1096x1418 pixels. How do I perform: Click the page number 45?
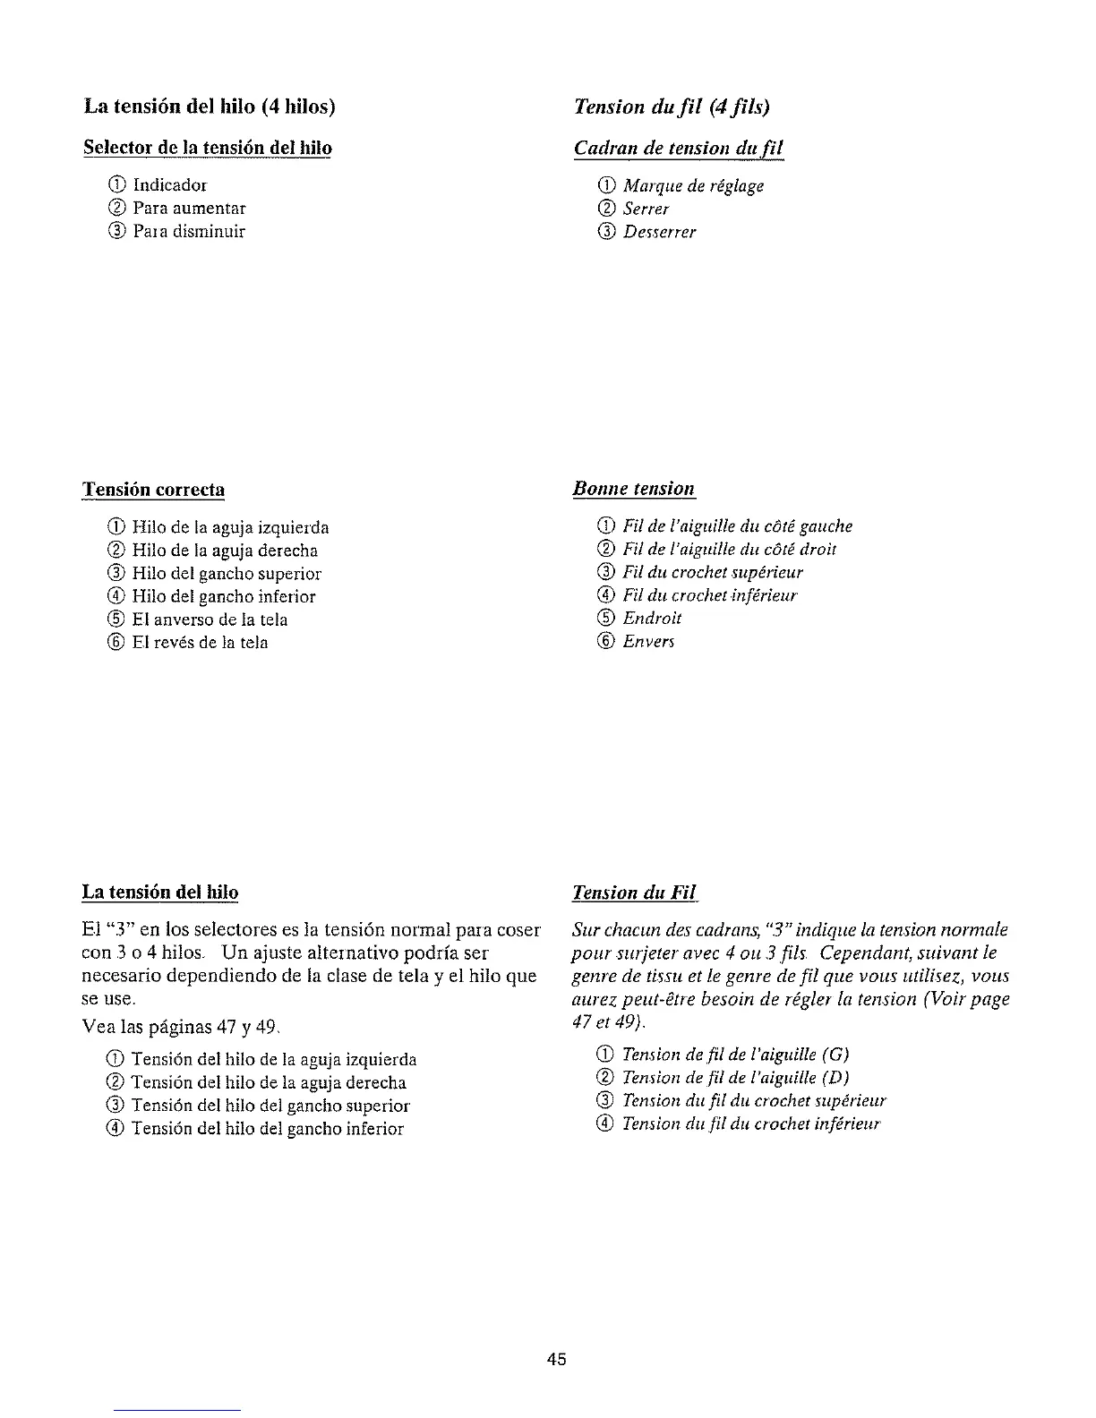556,1359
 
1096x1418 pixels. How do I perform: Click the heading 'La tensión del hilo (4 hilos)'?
210,107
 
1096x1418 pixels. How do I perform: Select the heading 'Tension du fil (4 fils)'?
672,107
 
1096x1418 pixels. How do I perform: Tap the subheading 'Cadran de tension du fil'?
679,148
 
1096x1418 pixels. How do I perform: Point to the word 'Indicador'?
169,185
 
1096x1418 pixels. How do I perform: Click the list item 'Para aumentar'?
189,209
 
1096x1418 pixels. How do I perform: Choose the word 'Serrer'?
646,209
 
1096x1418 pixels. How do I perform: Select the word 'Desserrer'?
659,232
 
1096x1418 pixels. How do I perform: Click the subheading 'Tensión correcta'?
153,490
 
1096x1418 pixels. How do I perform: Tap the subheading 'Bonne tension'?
634,489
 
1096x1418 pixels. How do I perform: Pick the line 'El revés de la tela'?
200,643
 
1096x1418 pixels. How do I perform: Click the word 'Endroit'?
652,618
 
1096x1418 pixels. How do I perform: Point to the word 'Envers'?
648,641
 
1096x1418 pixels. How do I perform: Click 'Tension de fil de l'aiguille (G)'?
735,1054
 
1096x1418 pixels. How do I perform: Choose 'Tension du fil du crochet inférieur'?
751,1123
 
